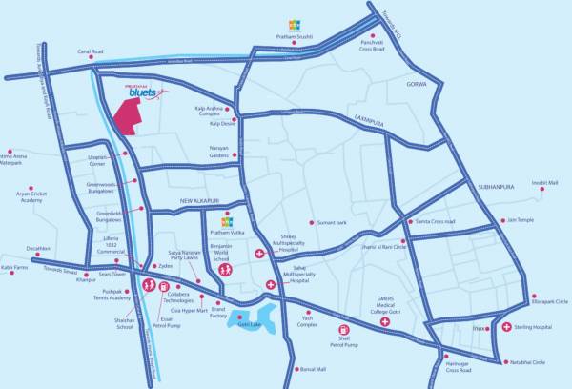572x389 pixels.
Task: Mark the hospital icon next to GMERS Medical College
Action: click(384, 322)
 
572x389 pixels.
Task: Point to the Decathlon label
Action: click(39, 250)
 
